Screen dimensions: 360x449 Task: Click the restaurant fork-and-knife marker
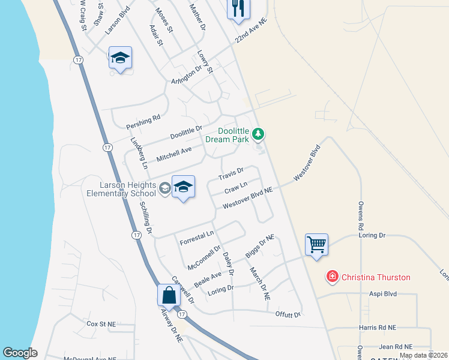point(238,8)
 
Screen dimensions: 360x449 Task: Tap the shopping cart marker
point(316,244)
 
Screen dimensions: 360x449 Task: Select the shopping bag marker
point(169,295)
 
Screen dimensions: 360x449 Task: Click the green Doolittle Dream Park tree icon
point(258,133)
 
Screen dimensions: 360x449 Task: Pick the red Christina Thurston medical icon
point(331,277)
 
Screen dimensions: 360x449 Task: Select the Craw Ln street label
point(235,190)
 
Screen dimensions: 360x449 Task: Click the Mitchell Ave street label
point(173,154)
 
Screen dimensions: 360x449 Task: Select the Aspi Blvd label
point(382,295)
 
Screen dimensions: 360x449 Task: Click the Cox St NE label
point(101,323)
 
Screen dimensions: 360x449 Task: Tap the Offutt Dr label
point(288,314)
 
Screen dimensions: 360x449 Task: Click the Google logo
point(20,353)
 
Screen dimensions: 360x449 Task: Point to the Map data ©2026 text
point(423,355)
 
